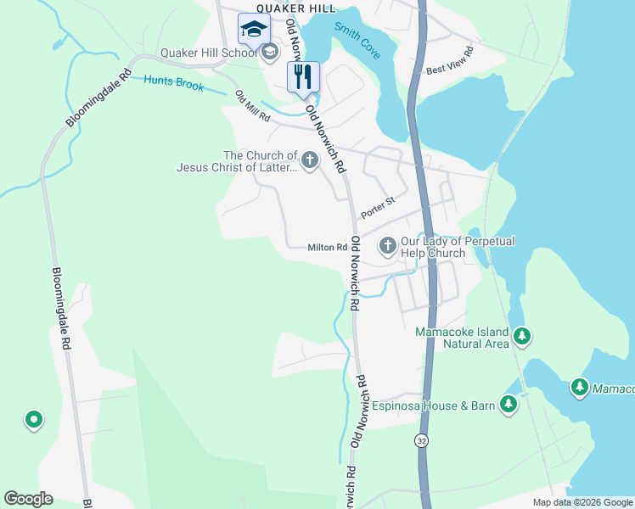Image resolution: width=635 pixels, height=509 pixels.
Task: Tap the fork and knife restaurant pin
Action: click(303, 77)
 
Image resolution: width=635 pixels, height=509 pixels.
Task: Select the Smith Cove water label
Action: click(357, 40)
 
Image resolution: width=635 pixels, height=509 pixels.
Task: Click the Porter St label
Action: click(378, 207)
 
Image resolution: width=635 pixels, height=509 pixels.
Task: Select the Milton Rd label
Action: click(327, 248)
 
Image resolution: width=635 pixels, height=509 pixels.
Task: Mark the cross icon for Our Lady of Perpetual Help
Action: click(387, 246)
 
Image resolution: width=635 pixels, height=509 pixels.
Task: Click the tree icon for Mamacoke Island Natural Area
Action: click(522, 338)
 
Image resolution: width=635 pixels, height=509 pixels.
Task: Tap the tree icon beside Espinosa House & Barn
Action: click(509, 405)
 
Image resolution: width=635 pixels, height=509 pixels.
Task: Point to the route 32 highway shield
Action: click(422, 440)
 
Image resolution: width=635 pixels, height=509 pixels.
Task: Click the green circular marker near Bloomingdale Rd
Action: click(33, 418)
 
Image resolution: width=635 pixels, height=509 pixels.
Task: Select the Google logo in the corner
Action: click(28, 499)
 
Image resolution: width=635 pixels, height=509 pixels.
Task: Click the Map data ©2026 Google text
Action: click(582, 502)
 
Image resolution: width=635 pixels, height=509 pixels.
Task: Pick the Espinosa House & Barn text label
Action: click(433, 406)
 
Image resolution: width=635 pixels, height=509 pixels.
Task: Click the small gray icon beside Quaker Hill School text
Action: click(270, 53)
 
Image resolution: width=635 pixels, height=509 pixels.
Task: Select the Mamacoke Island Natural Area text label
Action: click(462, 338)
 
